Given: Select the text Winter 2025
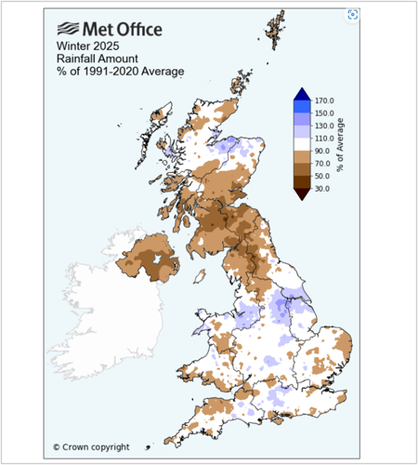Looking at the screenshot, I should [x=88, y=46].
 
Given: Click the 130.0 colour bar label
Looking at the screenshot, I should [x=325, y=126].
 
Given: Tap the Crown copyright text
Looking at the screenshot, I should [x=91, y=446].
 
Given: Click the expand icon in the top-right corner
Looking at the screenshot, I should [x=353, y=14].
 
